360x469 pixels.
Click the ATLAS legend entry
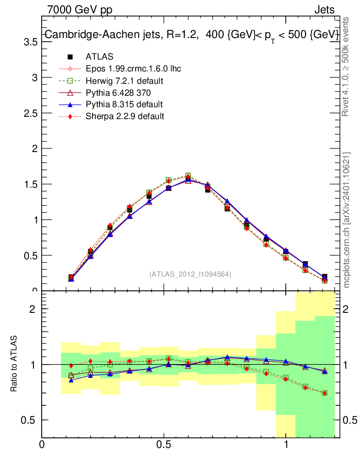point(99,57)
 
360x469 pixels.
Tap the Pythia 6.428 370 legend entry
point(119,93)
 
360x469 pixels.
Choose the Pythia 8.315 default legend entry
point(124,104)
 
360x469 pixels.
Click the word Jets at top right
point(324,10)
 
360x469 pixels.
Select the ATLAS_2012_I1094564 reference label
point(190,274)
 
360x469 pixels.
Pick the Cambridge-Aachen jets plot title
point(191,35)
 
